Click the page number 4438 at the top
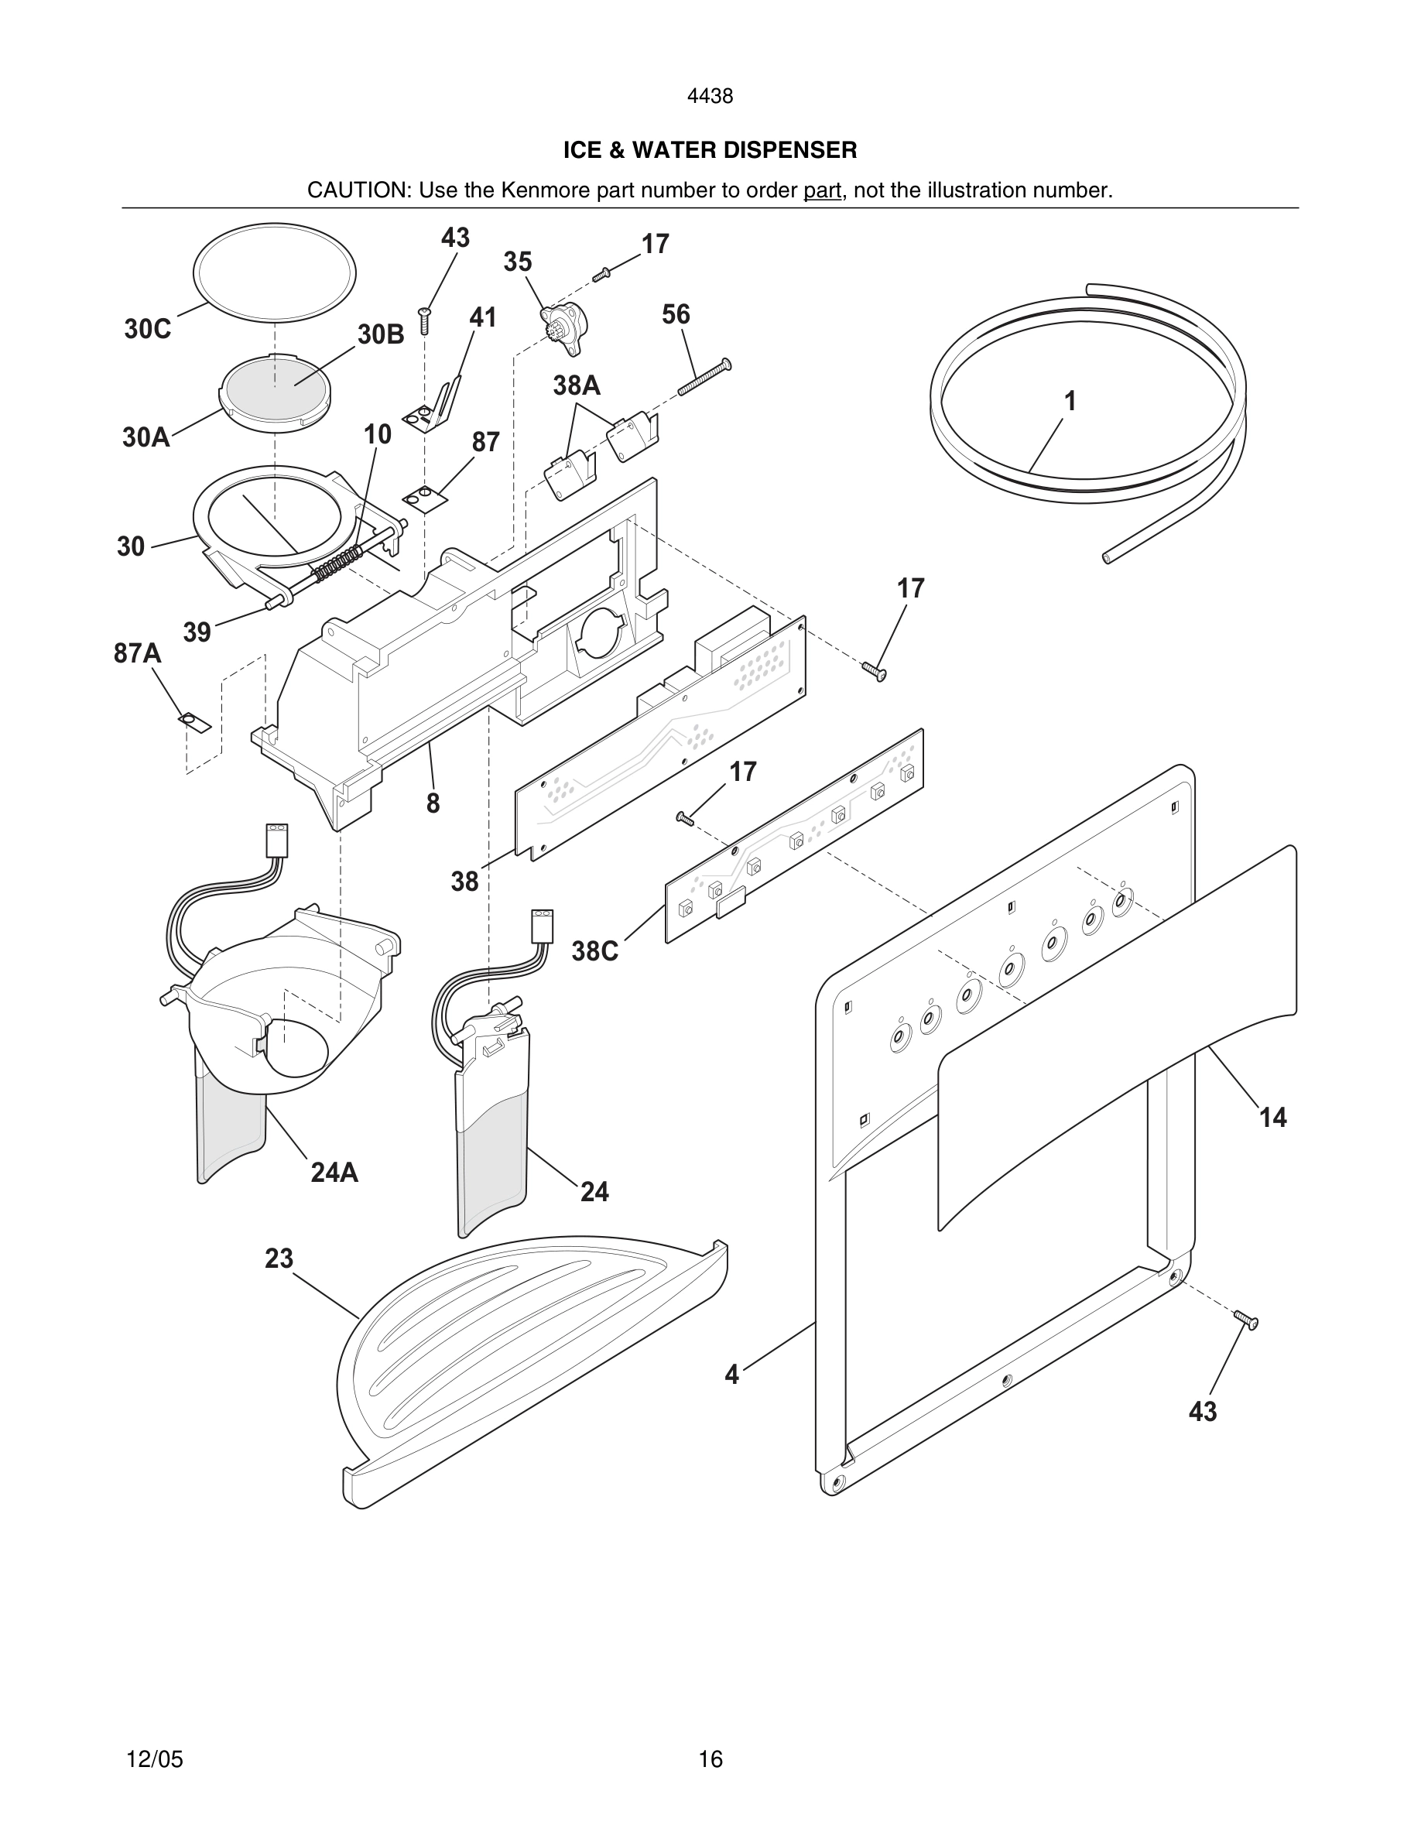710,97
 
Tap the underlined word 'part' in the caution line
822,190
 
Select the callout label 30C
147,329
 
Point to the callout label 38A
577,385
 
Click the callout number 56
675,314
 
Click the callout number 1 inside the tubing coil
1070,402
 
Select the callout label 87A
137,652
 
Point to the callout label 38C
595,951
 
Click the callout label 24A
334,1172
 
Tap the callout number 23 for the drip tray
279,1258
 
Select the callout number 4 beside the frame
731,1374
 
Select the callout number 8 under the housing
433,803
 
